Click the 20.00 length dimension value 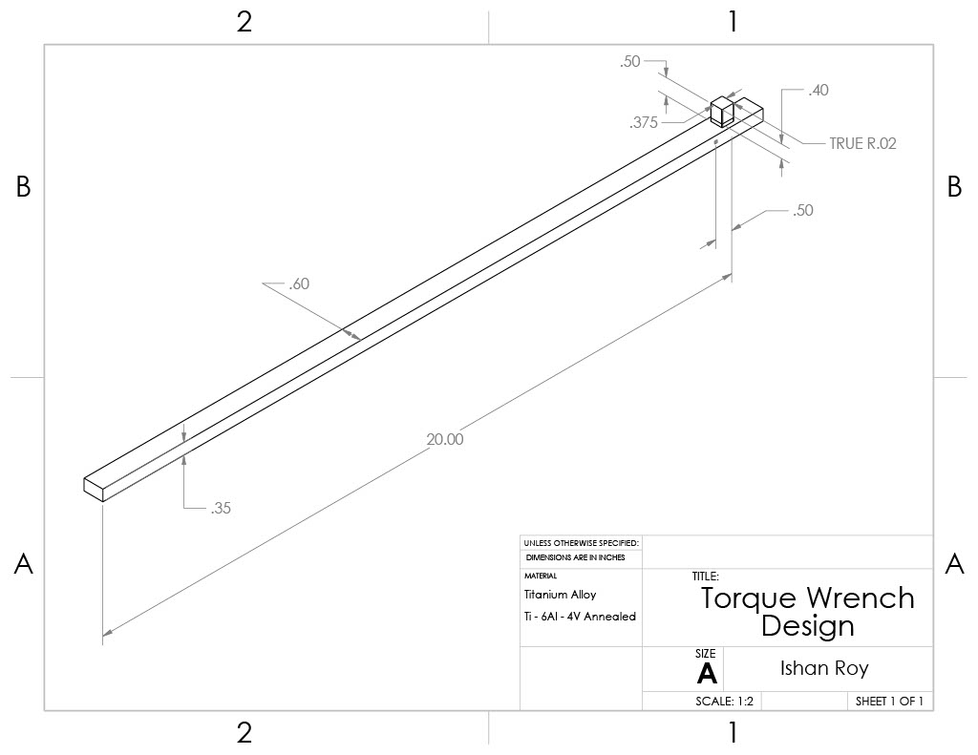tap(445, 440)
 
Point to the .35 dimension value tap(221, 509)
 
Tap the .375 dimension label tap(643, 122)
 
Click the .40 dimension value tap(818, 91)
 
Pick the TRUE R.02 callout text tap(850, 144)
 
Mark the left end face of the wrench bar tap(92, 486)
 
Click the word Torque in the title tap(750, 598)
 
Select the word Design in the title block tap(807, 626)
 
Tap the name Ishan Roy tap(824, 668)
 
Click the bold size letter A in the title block tap(707, 674)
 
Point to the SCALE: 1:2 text tap(725, 702)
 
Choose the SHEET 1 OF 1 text tap(889, 702)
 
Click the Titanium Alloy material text tap(560, 595)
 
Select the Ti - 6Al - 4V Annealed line tap(580, 617)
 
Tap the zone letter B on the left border tap(24, 188)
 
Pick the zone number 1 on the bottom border tap(733, 733)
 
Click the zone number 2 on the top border tap(244, 23)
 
